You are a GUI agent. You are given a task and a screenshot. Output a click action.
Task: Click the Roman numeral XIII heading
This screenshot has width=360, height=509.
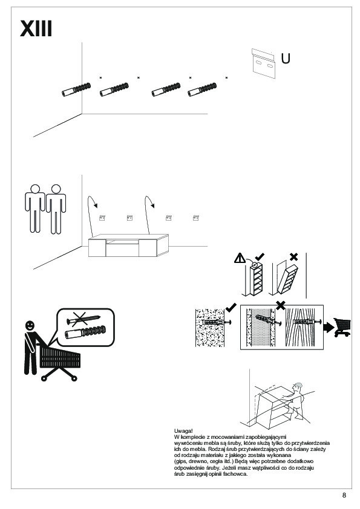coord(36,28)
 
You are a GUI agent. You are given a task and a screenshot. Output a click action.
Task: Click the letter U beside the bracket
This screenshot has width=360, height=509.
coord(286,59)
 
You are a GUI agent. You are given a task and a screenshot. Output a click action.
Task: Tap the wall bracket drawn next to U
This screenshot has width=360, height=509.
coord(264,63)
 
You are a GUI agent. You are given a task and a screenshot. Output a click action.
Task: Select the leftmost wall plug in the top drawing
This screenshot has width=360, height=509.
coord(76,89)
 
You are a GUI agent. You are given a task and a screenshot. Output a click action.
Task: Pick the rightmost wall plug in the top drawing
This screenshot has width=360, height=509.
coord(202,89)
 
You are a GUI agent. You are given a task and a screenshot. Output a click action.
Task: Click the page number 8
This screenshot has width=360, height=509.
coord(344,495)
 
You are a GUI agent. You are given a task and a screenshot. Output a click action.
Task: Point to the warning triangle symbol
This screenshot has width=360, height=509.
coord(240,258)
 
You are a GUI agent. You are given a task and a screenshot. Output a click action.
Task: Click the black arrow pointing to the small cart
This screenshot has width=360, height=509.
coord(329,327)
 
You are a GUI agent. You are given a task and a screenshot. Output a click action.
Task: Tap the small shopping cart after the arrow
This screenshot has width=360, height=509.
coord(342,327)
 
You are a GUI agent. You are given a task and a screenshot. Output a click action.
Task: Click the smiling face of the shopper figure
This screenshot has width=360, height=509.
coord(30,326)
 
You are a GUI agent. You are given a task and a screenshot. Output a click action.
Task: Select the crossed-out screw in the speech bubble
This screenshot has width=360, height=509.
coord(83,319)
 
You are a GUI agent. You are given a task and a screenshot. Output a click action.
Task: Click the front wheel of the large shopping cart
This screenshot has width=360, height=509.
coord(74,378)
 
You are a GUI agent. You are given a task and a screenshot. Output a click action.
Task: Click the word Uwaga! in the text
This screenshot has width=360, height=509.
coord(183,431)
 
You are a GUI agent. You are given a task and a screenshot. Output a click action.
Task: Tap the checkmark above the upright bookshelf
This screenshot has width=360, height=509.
coord(260,257)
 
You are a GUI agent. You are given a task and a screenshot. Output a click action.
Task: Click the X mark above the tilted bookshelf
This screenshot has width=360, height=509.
coord(293,257)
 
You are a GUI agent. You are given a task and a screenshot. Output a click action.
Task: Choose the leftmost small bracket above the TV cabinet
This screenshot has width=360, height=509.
coord(102,218)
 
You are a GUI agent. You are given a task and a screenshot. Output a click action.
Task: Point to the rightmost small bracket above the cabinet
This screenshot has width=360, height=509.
coord(196,218)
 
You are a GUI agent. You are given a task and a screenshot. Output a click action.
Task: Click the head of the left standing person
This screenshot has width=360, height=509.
coord(35,189)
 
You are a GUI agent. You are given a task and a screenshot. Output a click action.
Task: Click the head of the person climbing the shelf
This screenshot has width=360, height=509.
coord(297,387)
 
